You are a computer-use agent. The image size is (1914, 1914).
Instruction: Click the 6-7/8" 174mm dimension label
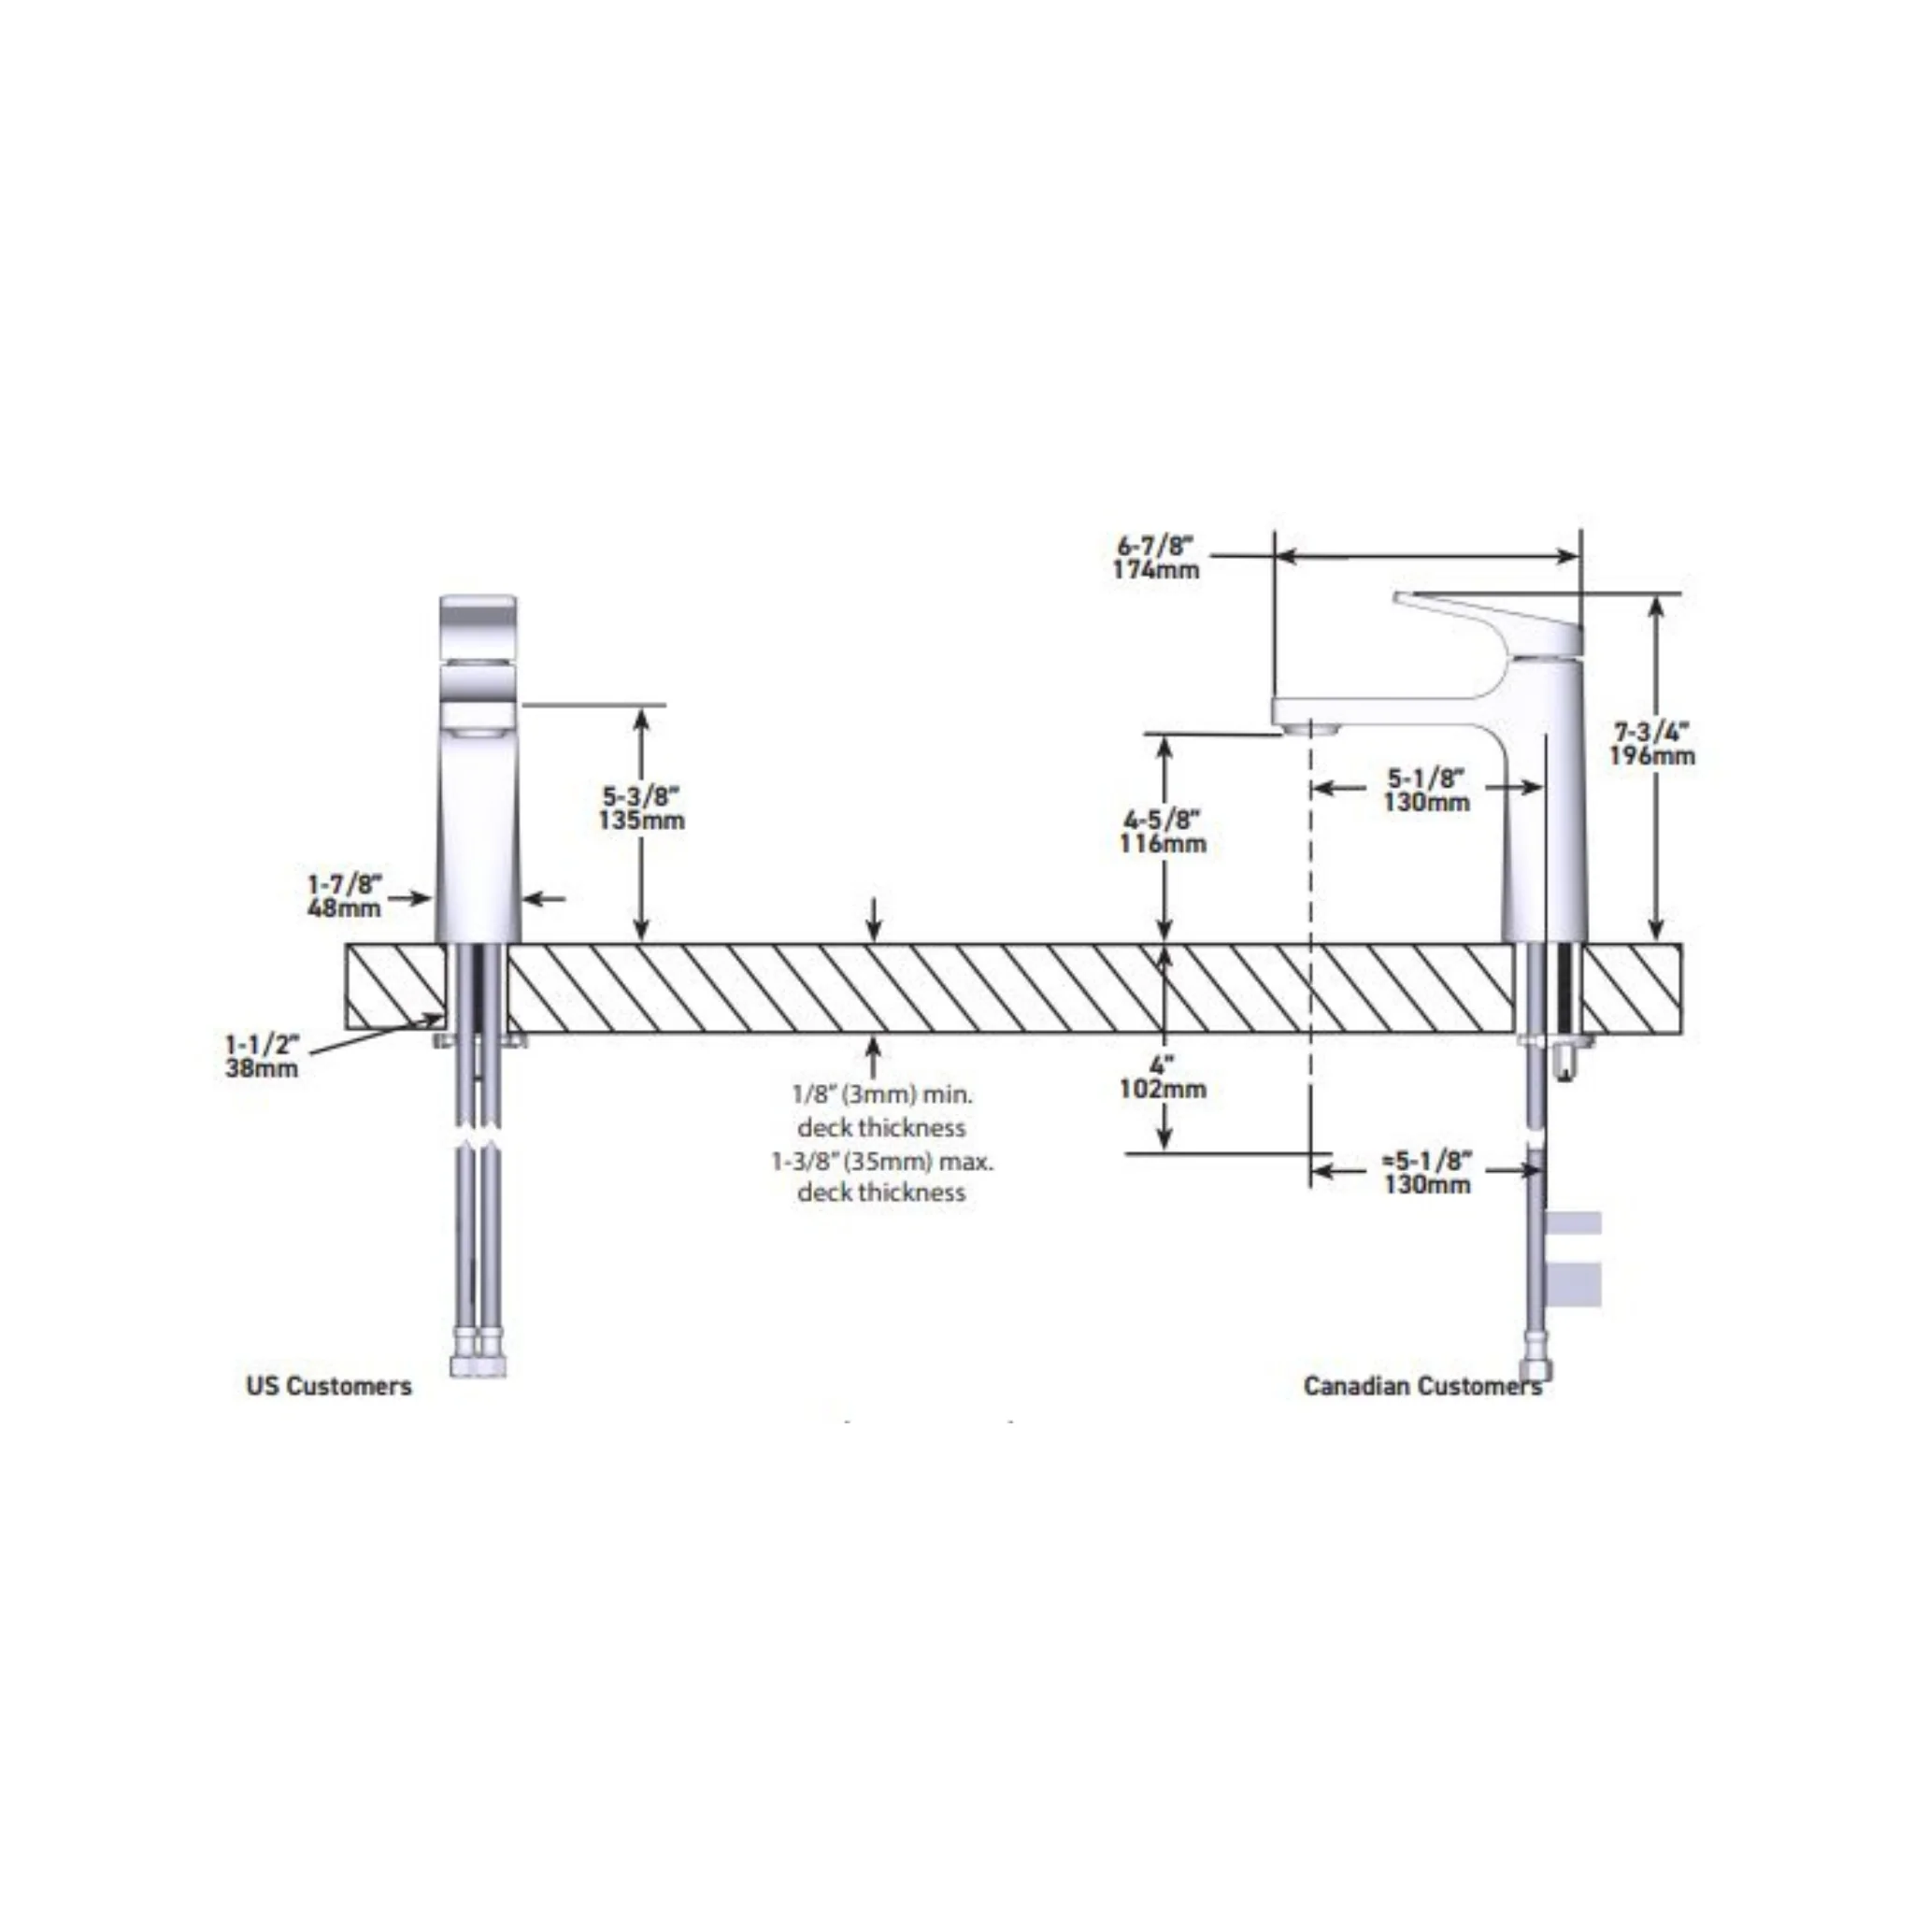[1155, 558]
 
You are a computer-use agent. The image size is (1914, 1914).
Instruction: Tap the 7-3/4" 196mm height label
[1651, 744]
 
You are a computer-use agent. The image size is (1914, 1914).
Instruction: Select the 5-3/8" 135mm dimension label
[641, 808]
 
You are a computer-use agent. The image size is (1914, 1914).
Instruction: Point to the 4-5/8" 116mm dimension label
[1163, 832]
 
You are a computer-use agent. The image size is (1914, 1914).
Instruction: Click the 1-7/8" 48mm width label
[344, 895]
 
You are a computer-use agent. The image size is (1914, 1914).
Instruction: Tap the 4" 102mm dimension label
[1163, 1078]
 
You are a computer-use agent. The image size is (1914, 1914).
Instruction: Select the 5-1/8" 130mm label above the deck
[1426, 790]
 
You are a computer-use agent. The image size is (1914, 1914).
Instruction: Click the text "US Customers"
[329, 1386]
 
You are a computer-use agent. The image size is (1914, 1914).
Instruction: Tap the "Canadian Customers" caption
[1422, 1386]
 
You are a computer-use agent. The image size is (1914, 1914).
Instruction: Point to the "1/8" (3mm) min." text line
[882, 1094]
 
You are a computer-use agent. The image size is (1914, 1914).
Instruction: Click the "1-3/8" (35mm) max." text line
[882, 1160]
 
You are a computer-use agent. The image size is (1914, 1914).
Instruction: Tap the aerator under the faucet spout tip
[1310, 728]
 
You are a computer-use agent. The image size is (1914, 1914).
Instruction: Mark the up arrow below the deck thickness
[873, 1056]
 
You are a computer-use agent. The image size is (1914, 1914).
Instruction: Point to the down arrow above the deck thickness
[873, 920]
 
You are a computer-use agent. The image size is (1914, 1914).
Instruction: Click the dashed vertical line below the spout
[1310, 952]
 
